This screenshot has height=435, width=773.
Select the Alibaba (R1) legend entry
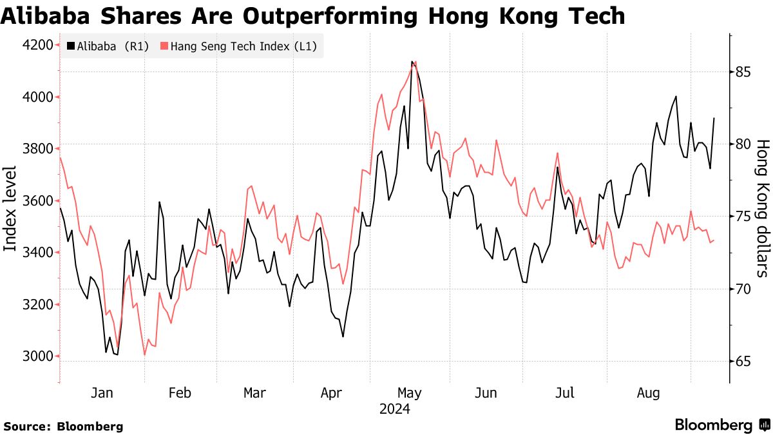[107, 46]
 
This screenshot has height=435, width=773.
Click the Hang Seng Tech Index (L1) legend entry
[238, 46]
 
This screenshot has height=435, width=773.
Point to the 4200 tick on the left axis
[37, 45]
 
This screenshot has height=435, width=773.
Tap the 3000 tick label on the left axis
[37, 356]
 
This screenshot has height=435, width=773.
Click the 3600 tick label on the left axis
[37, 201]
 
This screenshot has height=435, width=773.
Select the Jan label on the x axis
[102, 393]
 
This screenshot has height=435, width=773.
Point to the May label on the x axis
[409, 393]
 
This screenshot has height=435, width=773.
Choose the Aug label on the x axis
[649, 393]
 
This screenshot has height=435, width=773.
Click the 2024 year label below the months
[395, 409]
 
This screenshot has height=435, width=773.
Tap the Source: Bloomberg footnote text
[63, 426]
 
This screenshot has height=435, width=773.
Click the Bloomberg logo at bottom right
[722, 425]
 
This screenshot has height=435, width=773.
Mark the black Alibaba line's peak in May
[412, 62]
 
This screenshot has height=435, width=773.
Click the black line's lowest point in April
[343, 336]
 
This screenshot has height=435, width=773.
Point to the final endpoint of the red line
[714, 240]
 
